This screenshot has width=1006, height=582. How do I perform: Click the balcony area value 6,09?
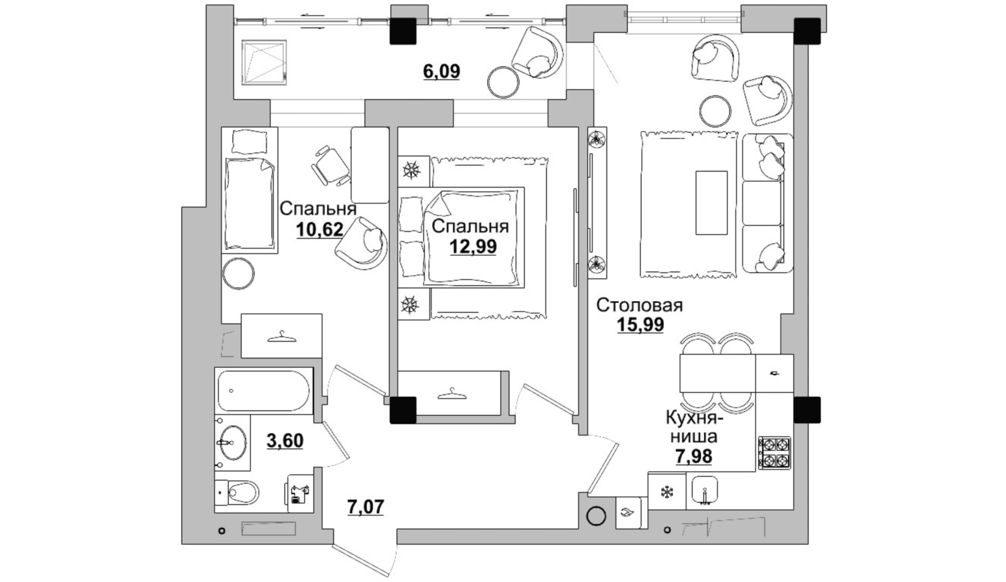(x=441, y=72)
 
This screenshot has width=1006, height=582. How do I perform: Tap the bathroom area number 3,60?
(x=285, y=441)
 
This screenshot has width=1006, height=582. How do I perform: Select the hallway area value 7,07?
(x=366, y=507)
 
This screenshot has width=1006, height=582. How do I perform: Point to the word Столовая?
(x=640, y=306)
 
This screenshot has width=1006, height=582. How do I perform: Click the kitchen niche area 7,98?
(x=694, y=456)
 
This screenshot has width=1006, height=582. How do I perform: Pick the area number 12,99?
(x=473, y=246)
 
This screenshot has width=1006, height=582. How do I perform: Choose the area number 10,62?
(x=319, y=230)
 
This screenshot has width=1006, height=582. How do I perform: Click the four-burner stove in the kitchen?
(x=775, y=453)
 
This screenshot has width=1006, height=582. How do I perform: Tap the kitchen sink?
(x=705, y=491)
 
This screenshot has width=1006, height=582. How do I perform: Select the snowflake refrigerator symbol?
(x=667, y=492)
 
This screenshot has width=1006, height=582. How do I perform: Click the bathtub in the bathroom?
(x=263, y=390)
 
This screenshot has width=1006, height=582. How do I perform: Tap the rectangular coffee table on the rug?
(x=711, y=203)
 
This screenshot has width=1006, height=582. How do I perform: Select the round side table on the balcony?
(x=503, y=81)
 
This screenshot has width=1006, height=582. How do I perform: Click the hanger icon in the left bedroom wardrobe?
(x=282, y=336)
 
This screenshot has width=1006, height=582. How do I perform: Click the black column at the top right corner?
(x=807, y=31)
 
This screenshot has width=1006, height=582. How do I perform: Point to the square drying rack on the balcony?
(x=264, y=62)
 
